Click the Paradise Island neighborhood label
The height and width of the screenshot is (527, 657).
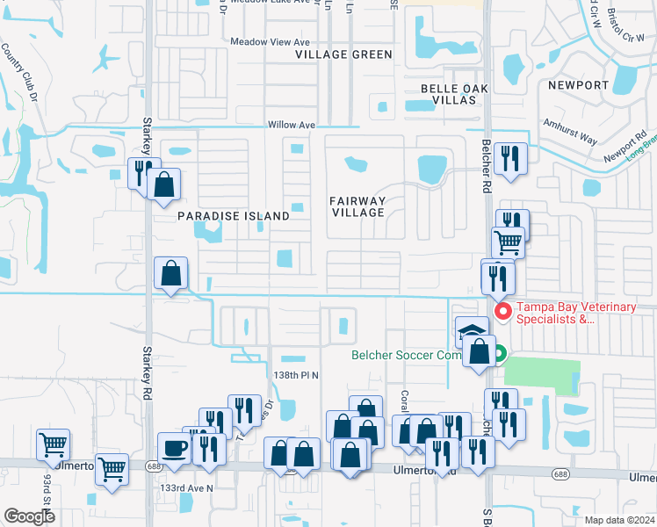pyautogui.click(x=234, y=215)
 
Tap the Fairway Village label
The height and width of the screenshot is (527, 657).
pyautogui.click(x=357, y=206)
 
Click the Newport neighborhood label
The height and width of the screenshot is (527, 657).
pyautogui.click(x=577, y=85)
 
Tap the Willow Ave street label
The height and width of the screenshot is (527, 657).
pyautogui.click(x=292, y=126)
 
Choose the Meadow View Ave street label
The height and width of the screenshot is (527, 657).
pyautogui.click(x=271, y=42)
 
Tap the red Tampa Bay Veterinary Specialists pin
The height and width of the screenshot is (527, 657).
pyautogui.click(x=502, y=312)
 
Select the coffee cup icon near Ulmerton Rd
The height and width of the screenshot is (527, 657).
pyautogui.click(x=173, y=448)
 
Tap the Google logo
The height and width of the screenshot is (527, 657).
pyautogui.click(x=30, y=516)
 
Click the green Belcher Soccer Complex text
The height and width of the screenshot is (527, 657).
pyautogui.click(x=407, y=356)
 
